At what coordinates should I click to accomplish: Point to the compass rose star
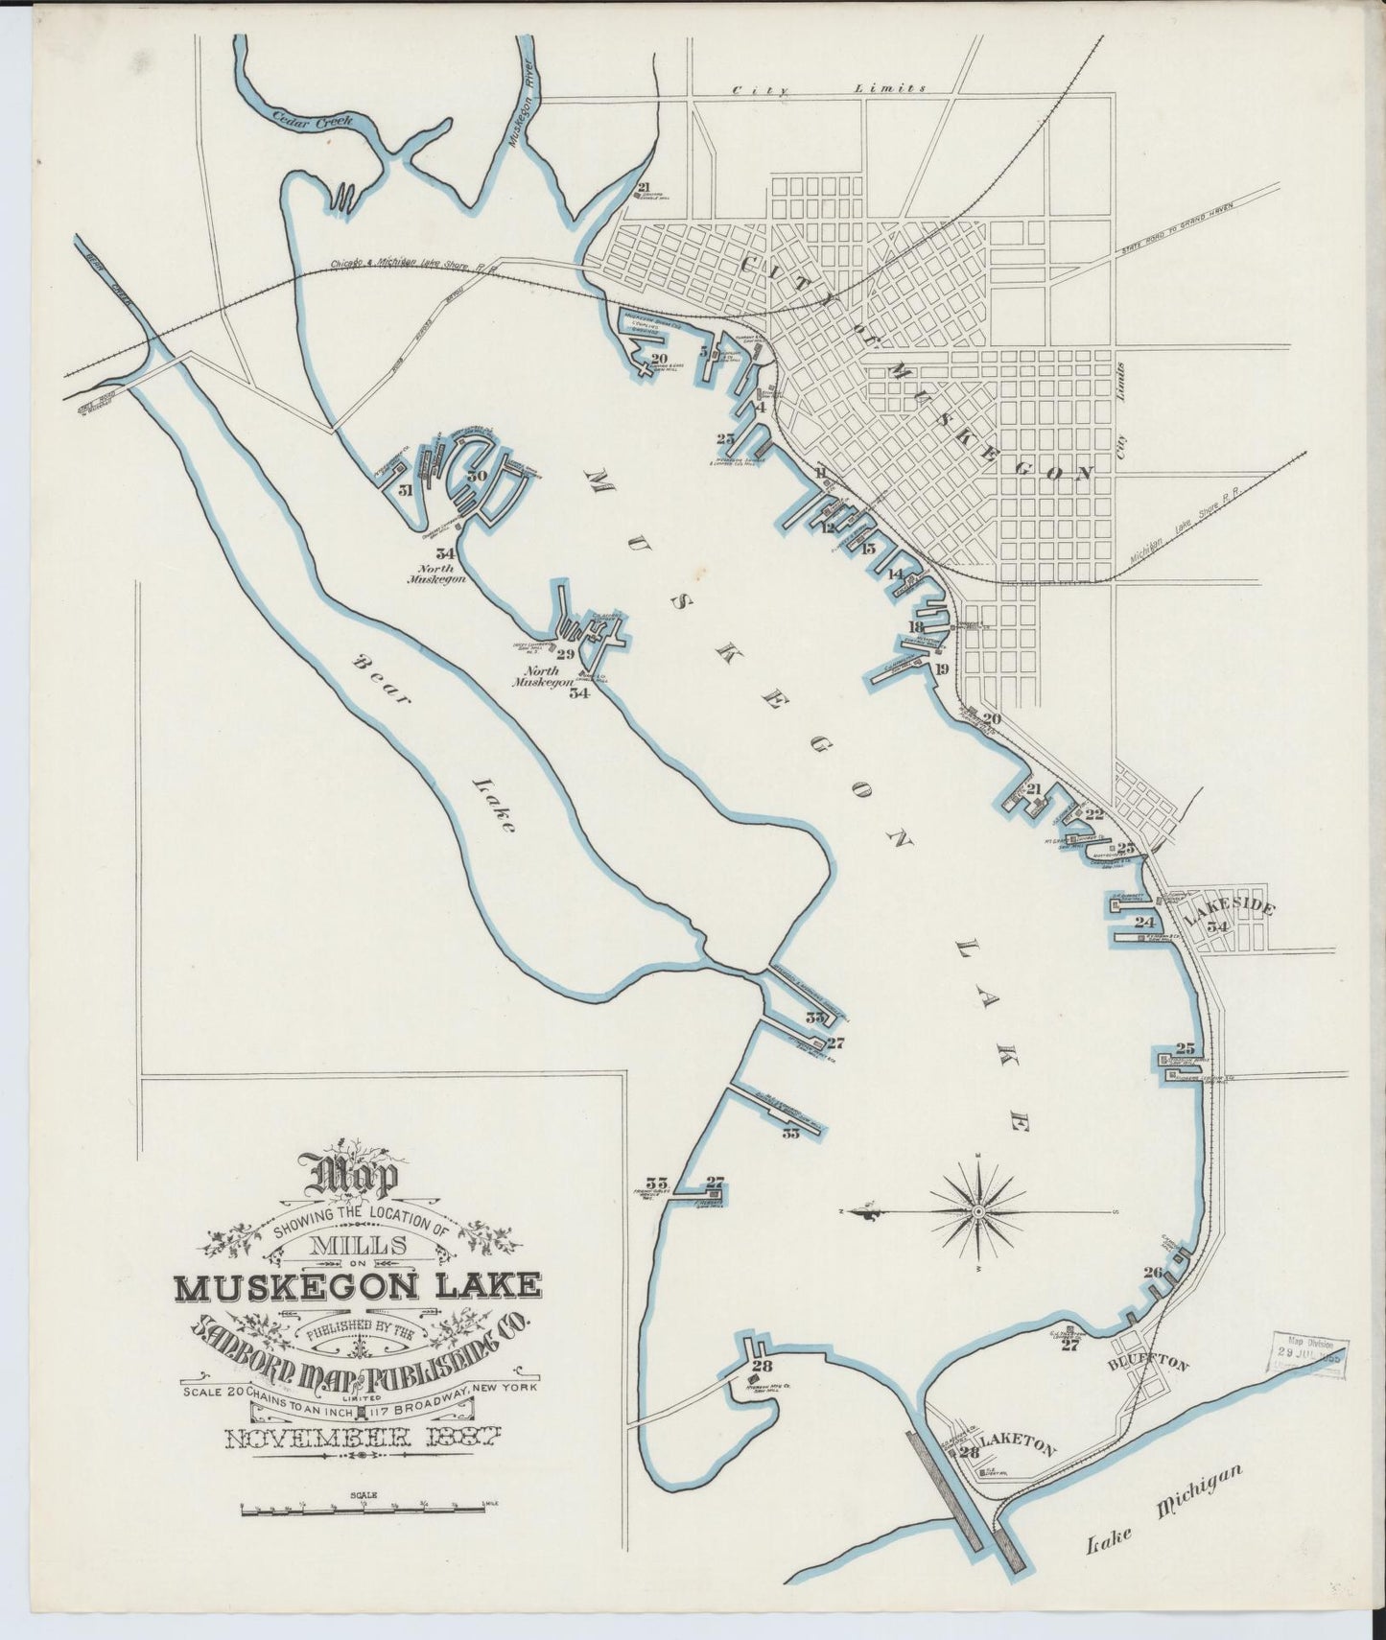(x=977, y=1212)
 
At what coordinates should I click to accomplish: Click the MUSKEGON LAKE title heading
(x=357, y=1284)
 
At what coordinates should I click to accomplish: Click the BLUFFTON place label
(x=1148, y=1363)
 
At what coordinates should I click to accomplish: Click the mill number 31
(x=406, y=490)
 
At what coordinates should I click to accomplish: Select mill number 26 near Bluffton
(x=1153, y=1273)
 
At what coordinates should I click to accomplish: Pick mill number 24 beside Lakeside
(x=1144, y=922)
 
